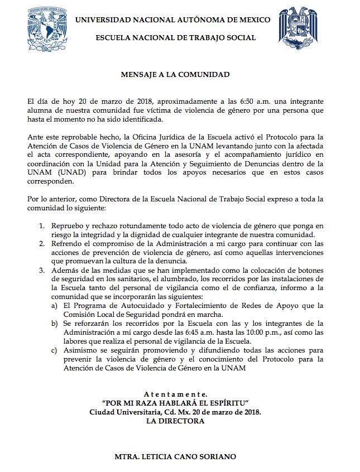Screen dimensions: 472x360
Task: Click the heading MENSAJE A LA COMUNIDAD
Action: [175, 74]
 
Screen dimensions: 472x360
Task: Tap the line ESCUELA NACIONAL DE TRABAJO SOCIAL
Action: [176, 38]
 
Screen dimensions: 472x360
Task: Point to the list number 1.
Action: [42, 225]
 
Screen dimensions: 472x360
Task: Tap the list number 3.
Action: [42, 270]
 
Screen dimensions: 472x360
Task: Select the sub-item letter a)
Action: [54, 306]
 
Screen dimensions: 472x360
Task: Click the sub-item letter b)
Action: [54, 324]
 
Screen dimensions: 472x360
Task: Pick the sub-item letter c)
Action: [54, 350]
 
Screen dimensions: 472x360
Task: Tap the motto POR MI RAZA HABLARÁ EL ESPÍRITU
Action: [175, 403]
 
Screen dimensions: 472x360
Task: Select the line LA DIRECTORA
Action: [175, 421]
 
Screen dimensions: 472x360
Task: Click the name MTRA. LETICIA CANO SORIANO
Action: [175, 457]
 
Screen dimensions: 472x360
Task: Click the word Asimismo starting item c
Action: [80, 350]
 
